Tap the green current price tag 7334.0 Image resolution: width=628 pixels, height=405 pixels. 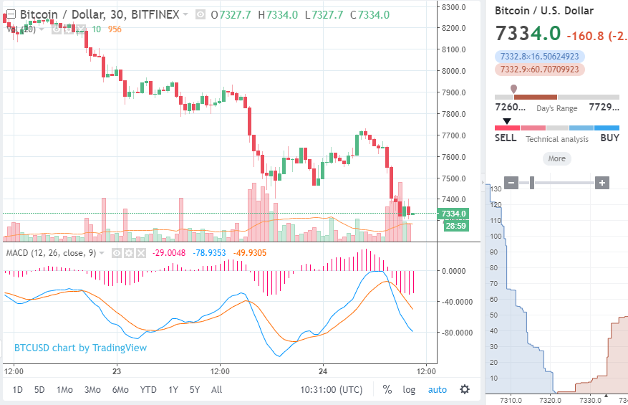pos(454,214)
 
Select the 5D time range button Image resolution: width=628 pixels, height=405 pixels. pos(40,390)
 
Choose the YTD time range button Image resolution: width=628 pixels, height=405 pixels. pos(148,390)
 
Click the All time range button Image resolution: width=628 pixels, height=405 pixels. pos(216,390)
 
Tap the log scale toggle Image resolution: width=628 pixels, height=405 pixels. pos(409,390)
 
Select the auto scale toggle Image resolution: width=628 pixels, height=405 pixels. pos(437,390)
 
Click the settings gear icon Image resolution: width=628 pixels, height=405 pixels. pos(465,389)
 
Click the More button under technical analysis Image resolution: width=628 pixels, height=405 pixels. pos(556,159)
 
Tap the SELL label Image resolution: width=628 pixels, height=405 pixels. pos(506,138)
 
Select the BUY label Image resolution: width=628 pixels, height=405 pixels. pos(609,138)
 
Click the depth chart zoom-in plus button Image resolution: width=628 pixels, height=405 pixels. pos(602,183)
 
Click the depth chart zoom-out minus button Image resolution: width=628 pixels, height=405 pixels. pos(511,183)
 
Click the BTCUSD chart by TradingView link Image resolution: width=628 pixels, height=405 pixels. pos(80,348)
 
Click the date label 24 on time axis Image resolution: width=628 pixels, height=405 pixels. pos(323,371)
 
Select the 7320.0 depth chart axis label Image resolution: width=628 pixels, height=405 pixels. pos(550,400)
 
